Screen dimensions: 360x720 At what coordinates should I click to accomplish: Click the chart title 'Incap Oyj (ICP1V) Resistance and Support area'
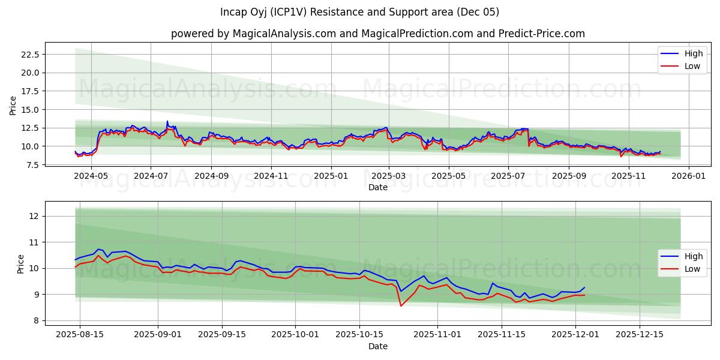(x=359, y=12)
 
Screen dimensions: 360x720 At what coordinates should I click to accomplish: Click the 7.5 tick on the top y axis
(x=32, y=165)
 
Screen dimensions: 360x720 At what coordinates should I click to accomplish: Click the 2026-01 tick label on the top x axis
(x=688, y=176)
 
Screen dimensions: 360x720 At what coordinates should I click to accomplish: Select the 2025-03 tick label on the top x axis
(x=389, y=176)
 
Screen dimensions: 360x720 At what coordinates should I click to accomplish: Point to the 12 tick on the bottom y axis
(x=35, y=216)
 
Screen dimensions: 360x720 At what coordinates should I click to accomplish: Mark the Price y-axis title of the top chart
(x=13, y=106)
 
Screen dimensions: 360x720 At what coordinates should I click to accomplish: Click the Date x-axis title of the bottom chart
(x=377, y=346)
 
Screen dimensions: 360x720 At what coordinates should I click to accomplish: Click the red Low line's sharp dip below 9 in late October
(x=401, y=306)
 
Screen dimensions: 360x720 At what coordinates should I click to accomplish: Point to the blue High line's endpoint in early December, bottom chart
(x=584, y=287)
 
